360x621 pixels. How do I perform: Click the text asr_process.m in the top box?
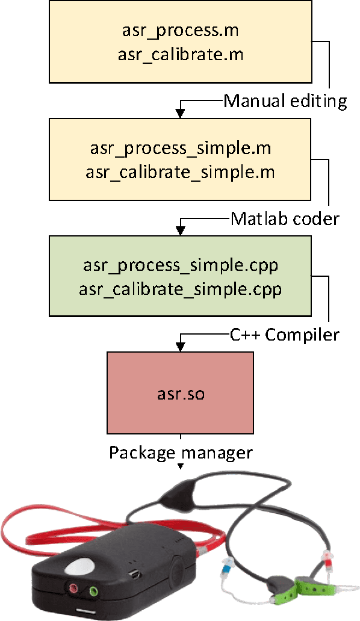[180, 29]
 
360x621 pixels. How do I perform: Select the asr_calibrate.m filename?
[180, 55]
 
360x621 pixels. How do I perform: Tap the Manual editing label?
[285, 100]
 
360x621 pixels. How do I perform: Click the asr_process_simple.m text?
[180, 147]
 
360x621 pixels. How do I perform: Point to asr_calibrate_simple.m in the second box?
[180, 173]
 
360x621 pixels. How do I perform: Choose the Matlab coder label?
[285, 218]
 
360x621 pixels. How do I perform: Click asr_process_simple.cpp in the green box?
[180, 265]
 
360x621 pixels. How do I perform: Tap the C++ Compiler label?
[285, 335]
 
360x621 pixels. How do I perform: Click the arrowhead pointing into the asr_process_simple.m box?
[180, 113]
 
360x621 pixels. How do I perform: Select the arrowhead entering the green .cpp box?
[180, 230]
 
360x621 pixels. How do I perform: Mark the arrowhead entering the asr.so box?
[180, 347]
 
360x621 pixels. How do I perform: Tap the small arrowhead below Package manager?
[180, 466]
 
